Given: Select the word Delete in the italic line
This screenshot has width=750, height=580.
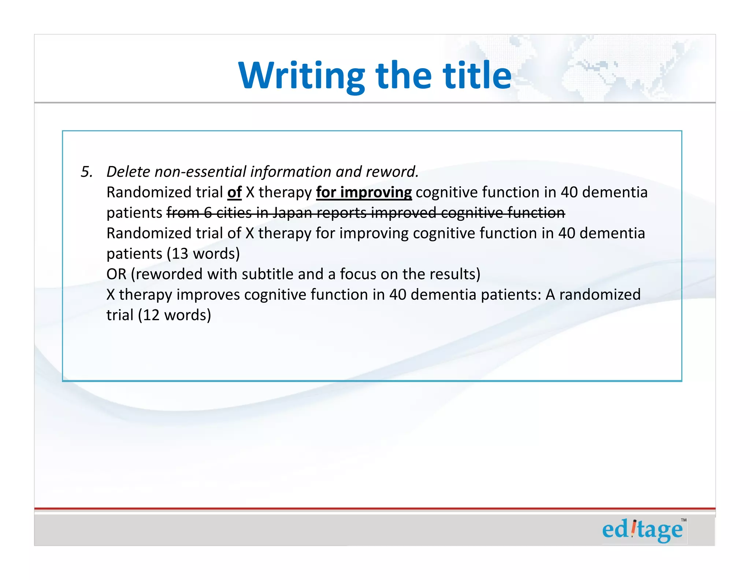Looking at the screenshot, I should pos(128,172).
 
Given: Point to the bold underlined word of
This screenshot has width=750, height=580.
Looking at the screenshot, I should pos(234,192).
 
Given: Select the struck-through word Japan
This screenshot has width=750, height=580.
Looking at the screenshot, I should pos(293,213).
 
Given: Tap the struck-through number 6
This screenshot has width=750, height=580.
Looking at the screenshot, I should pos(208,213).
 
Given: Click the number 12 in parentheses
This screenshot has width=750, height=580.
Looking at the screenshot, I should pos(151,315).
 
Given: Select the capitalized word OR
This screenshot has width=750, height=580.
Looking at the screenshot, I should pos(116,274).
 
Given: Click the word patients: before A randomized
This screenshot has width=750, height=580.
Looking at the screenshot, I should pos(511,295).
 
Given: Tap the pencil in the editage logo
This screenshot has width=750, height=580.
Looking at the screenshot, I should pos(634,528).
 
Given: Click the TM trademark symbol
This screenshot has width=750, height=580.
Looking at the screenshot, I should pos(683,520).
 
